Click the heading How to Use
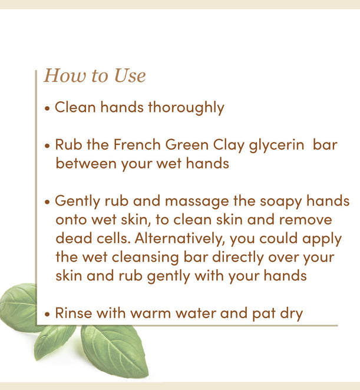pos(94,76)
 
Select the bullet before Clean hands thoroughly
pos(48,109)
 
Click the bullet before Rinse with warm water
pos(48,314)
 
